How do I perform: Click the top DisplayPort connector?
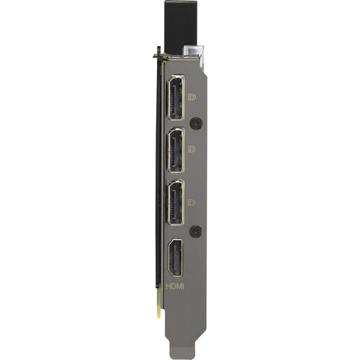176,97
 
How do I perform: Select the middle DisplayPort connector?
176,150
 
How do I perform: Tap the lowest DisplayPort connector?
176,203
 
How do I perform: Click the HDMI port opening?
175,258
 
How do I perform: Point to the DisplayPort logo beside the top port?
192,97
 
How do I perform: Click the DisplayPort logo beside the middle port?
192,149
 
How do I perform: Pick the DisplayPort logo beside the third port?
192,202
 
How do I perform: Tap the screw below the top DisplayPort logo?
197,123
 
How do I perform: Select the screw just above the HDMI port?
196,232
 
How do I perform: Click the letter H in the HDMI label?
168,287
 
